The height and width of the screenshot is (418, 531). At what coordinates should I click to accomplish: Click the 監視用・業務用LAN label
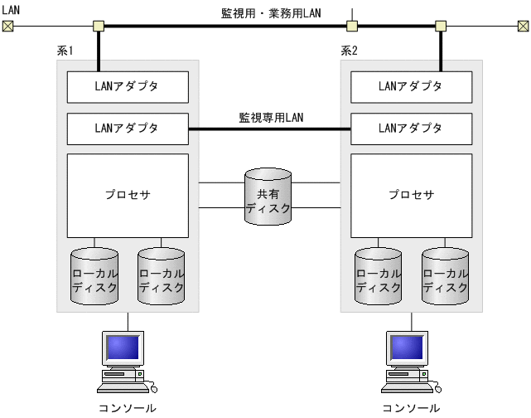coord(270,12)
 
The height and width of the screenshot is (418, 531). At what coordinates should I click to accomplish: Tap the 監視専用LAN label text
coord(271,117)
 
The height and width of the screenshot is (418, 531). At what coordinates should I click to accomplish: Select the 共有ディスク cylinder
coord(268,197)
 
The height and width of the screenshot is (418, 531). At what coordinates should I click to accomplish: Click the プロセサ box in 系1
coord(128,195)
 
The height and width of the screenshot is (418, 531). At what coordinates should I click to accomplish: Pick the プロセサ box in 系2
coord(412,195)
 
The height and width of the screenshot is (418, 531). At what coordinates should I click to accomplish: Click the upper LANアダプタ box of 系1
coord(128,85)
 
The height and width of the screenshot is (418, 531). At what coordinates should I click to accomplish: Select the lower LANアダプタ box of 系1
coord(128,129)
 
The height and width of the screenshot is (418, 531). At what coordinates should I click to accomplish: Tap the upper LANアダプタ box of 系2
coord(412,85)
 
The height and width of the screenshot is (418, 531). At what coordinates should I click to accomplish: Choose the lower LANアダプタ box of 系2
coord(412,129)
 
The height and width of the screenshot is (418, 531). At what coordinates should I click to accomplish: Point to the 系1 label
coord(65,51)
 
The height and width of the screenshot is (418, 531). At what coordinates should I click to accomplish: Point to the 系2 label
coord(349,51)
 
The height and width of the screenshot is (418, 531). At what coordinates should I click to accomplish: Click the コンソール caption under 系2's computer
coord(411,408)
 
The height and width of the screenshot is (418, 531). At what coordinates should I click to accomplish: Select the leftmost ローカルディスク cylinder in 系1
coord(94,277)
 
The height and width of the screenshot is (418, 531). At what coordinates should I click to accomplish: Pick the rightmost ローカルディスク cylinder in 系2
coord(446,277)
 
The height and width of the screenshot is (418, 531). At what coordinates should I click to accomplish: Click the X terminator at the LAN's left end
coord(8,26)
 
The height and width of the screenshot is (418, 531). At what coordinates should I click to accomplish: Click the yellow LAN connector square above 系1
coord(99,26)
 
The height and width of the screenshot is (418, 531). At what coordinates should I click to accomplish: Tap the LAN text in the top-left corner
coord(12,8)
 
